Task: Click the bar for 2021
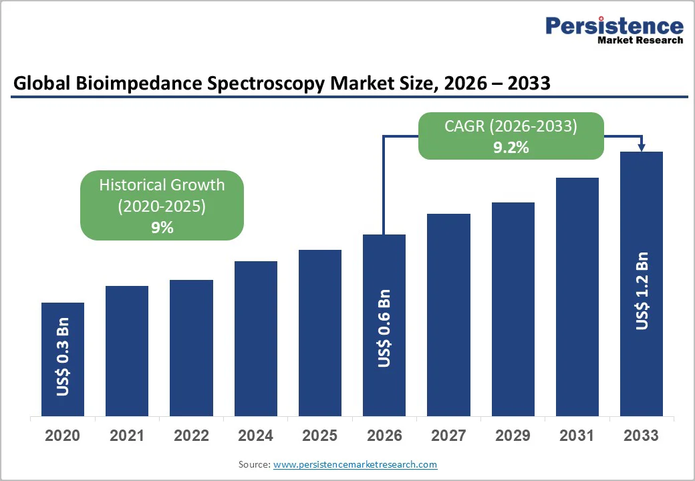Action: click(x=127, y=351)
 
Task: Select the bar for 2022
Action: click(x=191, y=347)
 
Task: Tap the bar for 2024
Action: click(x=255, y=338)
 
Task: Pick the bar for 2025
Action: click(x=319, y=333)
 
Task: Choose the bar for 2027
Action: click(x=448, y=315)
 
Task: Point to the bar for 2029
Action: click(x=513, y=309)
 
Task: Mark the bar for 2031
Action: click(x=577, y=297)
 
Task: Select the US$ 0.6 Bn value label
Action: click(x=384, y=328)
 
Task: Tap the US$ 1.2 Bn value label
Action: click(x=642, y=291)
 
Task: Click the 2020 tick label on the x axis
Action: click(x=63, y=436)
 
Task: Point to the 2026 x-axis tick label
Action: click(x=384, y=436)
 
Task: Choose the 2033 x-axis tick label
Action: click(x=642, y=436)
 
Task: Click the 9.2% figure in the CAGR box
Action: click(x=511, y=148)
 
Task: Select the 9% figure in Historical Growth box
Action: click(x=162, y=228)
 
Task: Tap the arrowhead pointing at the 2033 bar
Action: click(x=642, y=147)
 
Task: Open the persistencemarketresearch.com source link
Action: click(x=355, y=464)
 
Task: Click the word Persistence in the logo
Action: click(x=614, y=26)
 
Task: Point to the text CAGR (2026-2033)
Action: click(x=511, y=126)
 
